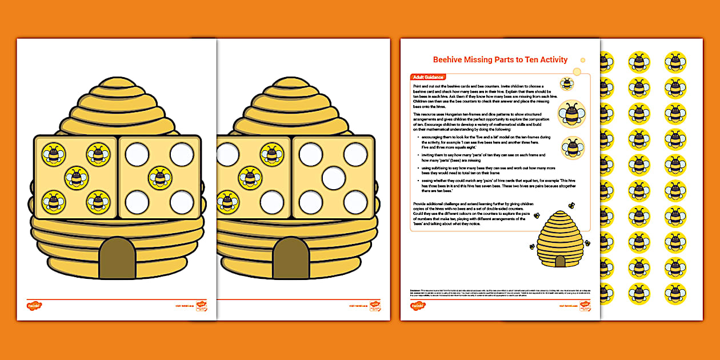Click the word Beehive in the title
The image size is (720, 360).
447,59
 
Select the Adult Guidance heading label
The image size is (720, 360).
428,77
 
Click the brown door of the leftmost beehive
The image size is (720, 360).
118,258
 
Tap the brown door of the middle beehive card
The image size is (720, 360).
291,258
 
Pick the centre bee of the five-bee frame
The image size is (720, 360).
76,178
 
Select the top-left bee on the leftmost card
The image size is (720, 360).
53,154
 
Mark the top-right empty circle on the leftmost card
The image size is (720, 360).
182,154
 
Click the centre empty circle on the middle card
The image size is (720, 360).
334,178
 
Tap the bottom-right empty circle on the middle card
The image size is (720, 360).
355,201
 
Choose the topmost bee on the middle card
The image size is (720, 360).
271,154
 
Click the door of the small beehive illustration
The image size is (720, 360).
560,261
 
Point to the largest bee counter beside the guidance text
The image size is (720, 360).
571,113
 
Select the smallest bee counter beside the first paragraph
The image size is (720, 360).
567,84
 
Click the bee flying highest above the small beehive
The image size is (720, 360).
571,206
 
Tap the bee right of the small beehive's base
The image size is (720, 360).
587,243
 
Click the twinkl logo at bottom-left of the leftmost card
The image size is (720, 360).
34,306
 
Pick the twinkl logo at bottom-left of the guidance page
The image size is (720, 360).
418,306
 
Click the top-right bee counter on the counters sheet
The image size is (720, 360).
675,62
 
